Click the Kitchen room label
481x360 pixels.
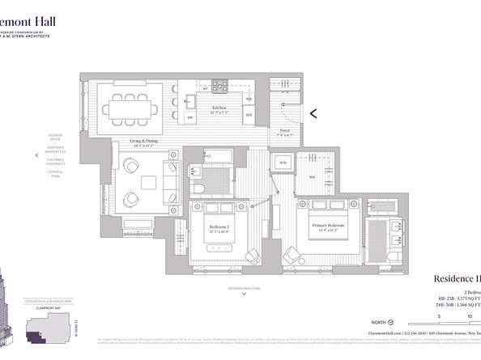218,107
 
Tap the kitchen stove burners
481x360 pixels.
220,83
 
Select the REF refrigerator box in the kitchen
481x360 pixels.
248,116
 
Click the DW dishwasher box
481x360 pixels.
189,117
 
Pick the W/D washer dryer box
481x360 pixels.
283,163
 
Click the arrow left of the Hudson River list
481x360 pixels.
36,155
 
